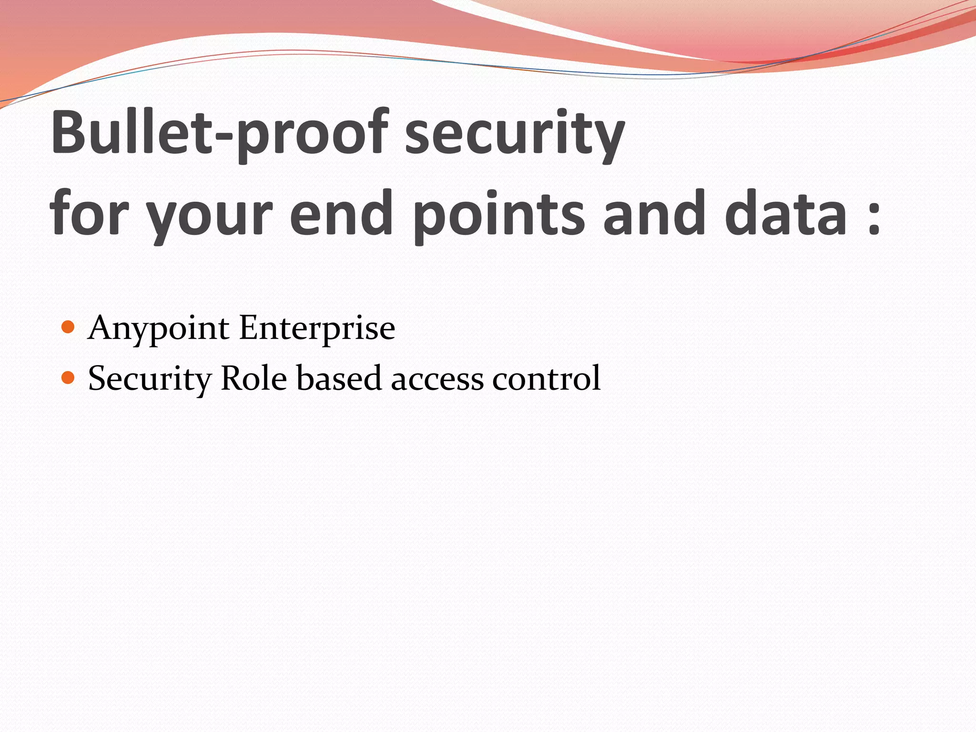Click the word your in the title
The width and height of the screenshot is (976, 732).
pyautogui.click(x=210, y=217)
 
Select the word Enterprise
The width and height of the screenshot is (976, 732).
pyautogui.click(x=317, y=329)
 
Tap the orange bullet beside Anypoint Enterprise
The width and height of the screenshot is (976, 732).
pyautogui.click(x=68, y=327)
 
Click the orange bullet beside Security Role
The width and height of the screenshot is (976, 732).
pyautogui.click(x=68, y=378)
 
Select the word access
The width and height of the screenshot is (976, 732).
pyautogui.click(x=437, y=379)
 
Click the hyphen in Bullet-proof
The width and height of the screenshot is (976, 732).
pyautogui.click(x=224, y=138)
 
